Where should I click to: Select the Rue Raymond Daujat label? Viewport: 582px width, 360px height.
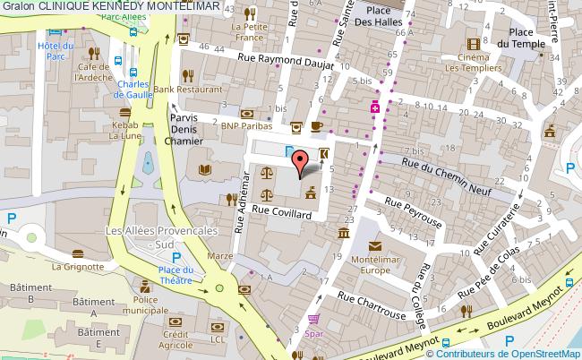286,62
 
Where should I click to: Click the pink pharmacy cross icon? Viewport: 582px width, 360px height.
376,107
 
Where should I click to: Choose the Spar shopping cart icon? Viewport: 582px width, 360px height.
313,319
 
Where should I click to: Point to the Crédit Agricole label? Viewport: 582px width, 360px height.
175,339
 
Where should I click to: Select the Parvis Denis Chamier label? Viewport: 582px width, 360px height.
184,130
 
